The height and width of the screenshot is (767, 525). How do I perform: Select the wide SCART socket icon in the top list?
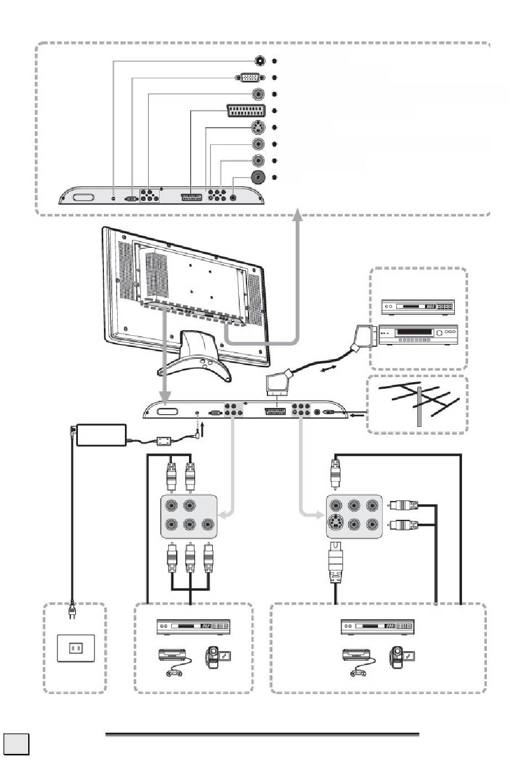[x=245, y=111]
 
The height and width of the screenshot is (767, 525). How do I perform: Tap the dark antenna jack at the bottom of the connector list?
[x=258, y=178]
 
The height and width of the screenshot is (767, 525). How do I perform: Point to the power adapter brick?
[x=101, y=434]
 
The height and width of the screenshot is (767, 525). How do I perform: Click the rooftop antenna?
[x=419, y=404]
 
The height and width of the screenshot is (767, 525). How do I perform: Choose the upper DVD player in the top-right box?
[x=418, y=307]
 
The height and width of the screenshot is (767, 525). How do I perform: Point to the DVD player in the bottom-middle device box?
[x=193, y=627]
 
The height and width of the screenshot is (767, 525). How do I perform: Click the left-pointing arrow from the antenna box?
[x=355, y=412]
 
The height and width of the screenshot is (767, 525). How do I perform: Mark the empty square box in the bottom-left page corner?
[x=16, y=743]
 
